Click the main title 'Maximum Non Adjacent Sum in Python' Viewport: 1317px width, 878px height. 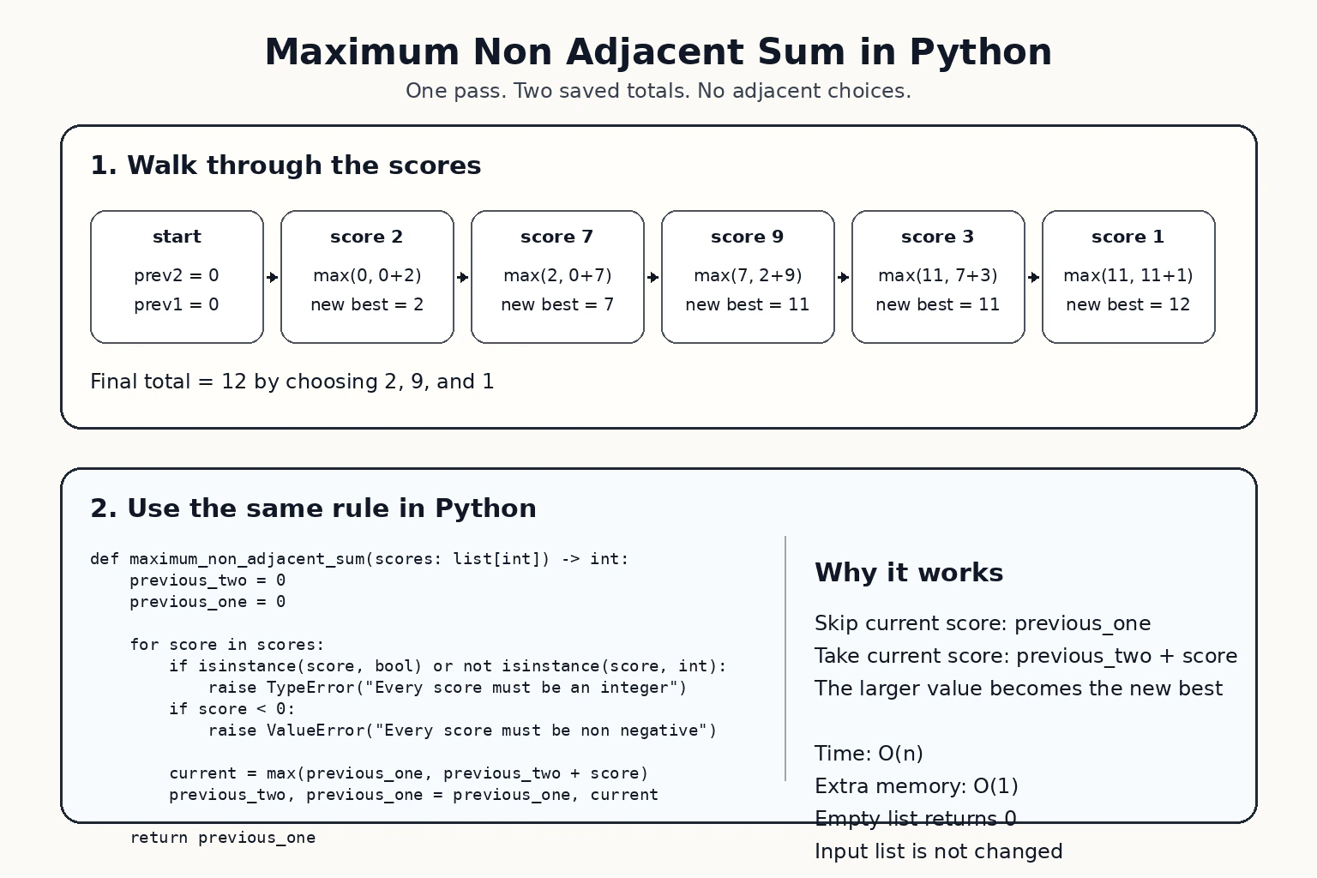(658, 51)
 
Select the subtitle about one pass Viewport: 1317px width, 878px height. (658, 91)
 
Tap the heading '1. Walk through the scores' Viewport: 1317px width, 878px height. (286, 165)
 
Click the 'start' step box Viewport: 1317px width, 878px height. (177, 276)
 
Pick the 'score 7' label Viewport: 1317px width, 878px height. (556, 237)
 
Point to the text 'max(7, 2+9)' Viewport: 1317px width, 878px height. (748, 275)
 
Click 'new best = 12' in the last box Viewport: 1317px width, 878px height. (1128, 304)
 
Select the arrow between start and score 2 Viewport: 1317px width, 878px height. (272, 277)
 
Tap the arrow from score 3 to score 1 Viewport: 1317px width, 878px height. (1033, 277)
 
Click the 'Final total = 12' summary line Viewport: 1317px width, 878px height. (292, 382)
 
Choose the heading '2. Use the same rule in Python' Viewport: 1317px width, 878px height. (313, 508)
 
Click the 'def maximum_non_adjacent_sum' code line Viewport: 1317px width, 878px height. (359, 559)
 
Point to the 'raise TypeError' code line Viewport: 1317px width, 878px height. (448, 688)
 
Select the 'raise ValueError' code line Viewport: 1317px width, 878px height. (462, 731)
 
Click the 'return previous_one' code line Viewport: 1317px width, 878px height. (223, 838)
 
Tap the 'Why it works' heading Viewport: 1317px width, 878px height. (909, 573)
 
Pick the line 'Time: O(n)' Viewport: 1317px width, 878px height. (869, 754)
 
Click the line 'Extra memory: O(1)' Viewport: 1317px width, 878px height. (916, 785)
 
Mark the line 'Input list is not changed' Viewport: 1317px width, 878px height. (938, 851)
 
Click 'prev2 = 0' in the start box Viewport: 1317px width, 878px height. (177, 275)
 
